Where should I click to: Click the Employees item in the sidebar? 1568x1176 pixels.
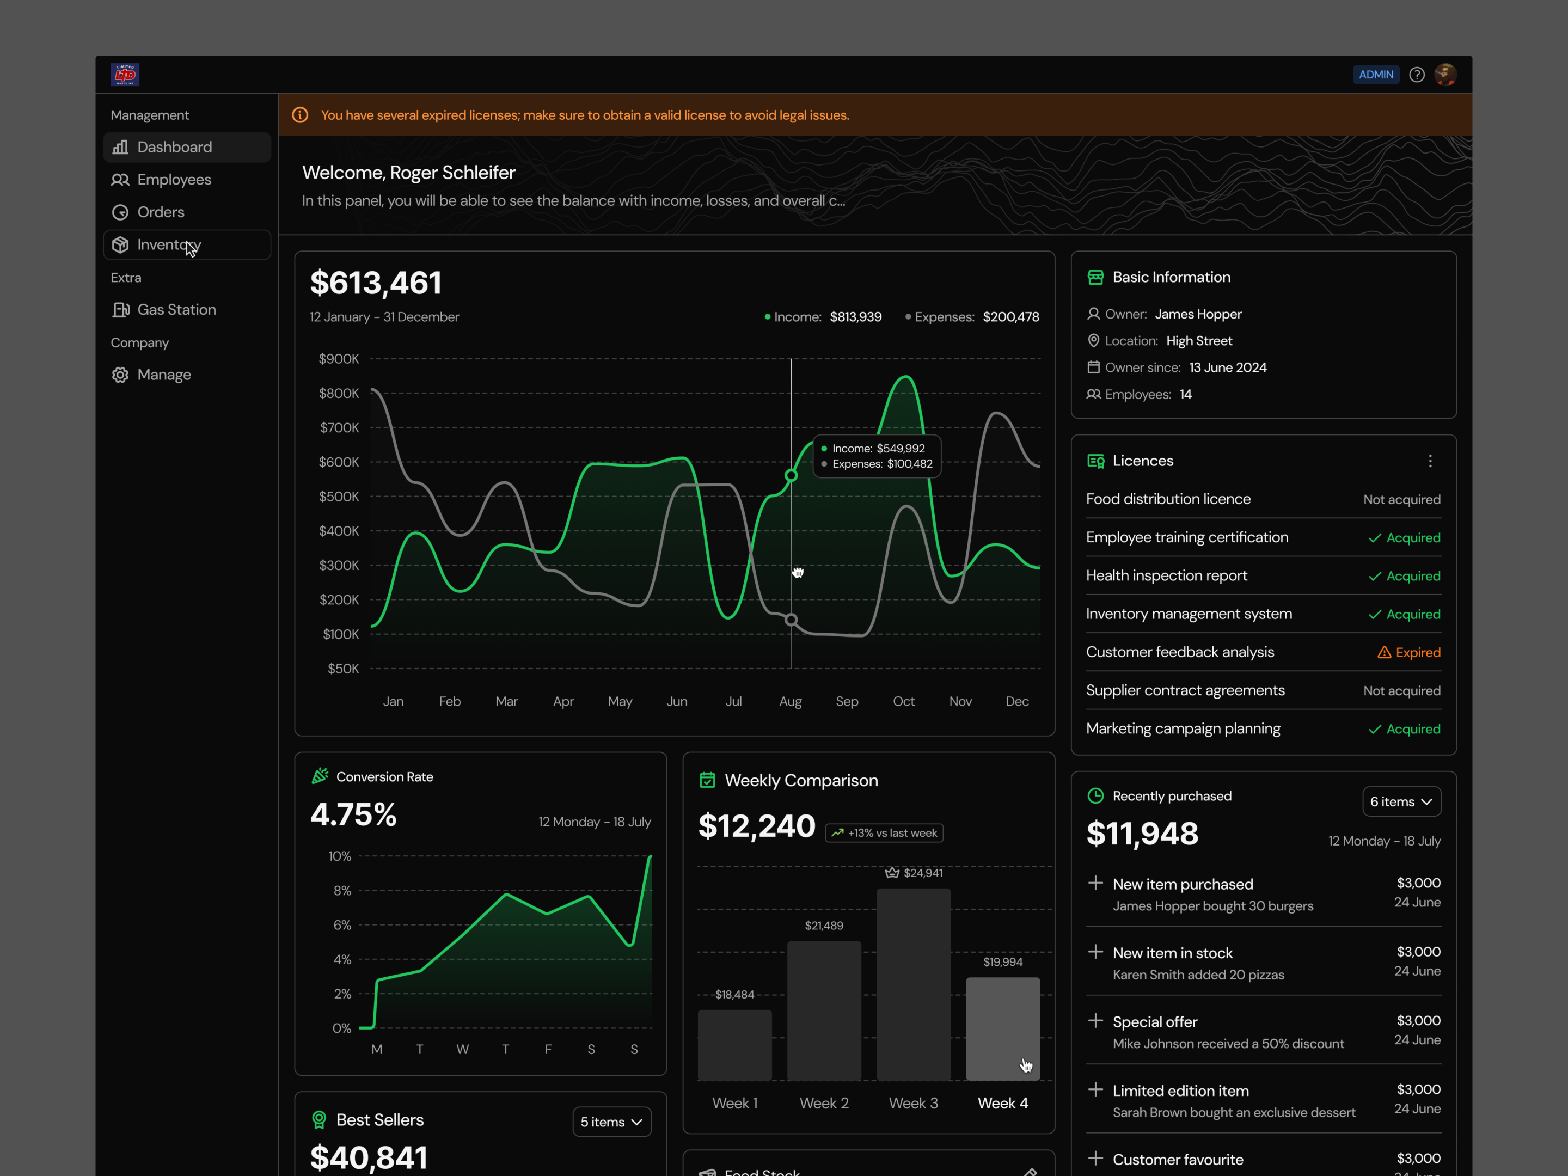pyautogui.click(x=161, y=179)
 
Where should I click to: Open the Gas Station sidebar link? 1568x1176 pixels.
pyautogui.click(x=164, y=310)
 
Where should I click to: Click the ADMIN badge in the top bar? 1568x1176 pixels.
pyautogui.click(x=1375, y=75)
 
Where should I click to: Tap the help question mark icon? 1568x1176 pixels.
pyautogui.click(x=1416, y=75)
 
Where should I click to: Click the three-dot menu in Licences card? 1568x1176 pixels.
pyautogui.click(x=1430, y=462)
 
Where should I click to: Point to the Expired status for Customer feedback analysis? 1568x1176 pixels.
pyautogui.click(x=1408, y=652)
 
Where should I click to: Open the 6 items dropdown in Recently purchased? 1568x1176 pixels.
pyautogui.click(x=1401, y=802)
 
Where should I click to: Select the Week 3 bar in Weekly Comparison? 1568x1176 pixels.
pyautogui.click(x=913, y=984)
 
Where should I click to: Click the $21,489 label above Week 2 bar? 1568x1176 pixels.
pyautogui.click(x=824, y=926)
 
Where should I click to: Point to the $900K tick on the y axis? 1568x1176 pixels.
pyautogui.click(x=339, y=359)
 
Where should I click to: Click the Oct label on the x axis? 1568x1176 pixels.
pyautogui.click(x=903, y=701)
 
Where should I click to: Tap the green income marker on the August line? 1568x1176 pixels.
pyautogui.click(x=791, y=476)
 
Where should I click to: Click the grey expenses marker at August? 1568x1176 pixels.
pyautogui.click(x=791, y=620)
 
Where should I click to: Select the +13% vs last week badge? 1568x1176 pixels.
pyautogui.click(x=884, y=833)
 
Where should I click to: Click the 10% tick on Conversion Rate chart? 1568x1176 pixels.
pyautogui.click(x=340, y=856)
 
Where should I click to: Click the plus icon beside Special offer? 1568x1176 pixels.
pyautogui.click(x=1095, y=1020)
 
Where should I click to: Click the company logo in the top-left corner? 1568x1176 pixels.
pyautogui.click(x=125, y=75)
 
